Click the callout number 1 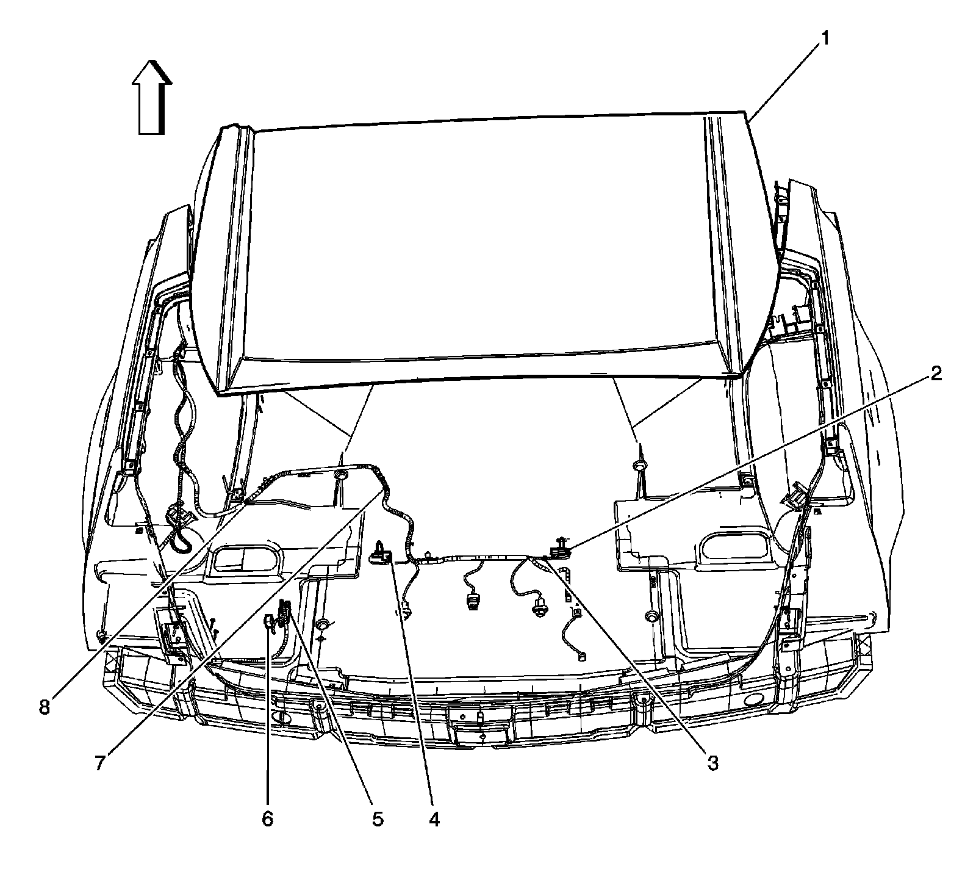[x=824, y=40]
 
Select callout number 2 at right [x=935, y=373]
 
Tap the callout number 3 [x=712, y=762]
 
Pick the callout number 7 [x=103, y=764]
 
